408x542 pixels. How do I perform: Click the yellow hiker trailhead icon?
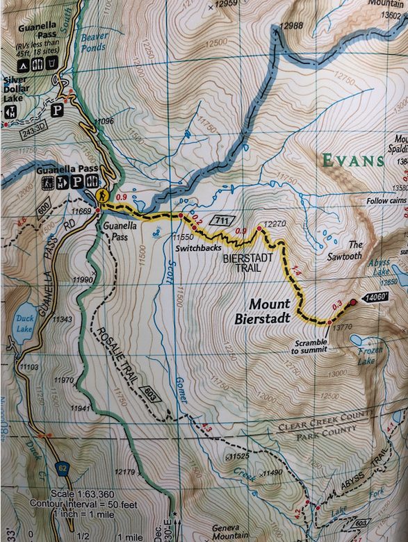point(103,196)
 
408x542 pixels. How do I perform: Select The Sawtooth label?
point(355,249)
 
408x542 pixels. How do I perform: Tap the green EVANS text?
point(352,161)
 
